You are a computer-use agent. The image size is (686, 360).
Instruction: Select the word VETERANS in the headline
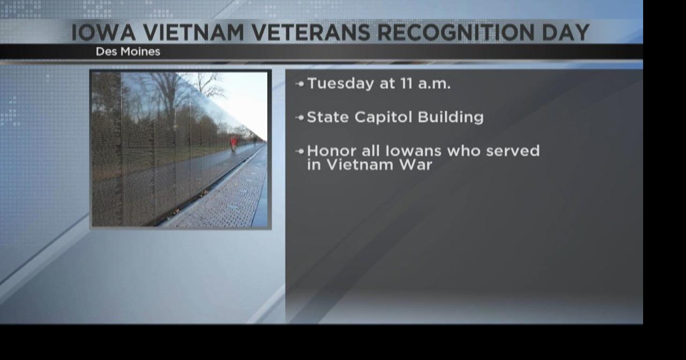click(311, 33)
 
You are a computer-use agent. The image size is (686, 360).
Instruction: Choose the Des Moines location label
click(128, 52)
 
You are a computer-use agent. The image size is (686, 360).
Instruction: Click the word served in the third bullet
click(512, 151)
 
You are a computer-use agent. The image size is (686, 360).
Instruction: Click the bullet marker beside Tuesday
click(300, 84)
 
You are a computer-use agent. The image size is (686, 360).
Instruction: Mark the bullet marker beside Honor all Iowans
click(300, 152)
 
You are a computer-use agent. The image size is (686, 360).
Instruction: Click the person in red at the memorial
click(233, 144)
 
